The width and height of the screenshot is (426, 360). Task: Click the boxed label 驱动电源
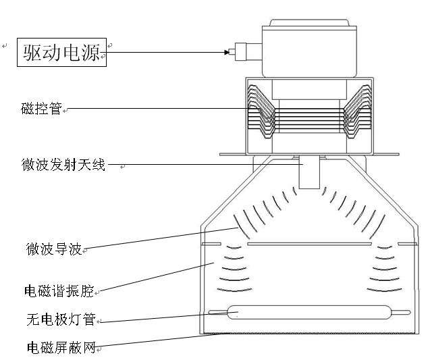(x=61, y=52)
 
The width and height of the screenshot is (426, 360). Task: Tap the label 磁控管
(x=42, y=107)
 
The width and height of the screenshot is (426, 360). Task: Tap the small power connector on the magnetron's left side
(x=238, y=51)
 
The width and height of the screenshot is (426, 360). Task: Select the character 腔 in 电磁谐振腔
(x=88, y=291)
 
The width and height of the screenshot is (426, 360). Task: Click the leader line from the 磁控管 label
(x=155, y=108)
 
